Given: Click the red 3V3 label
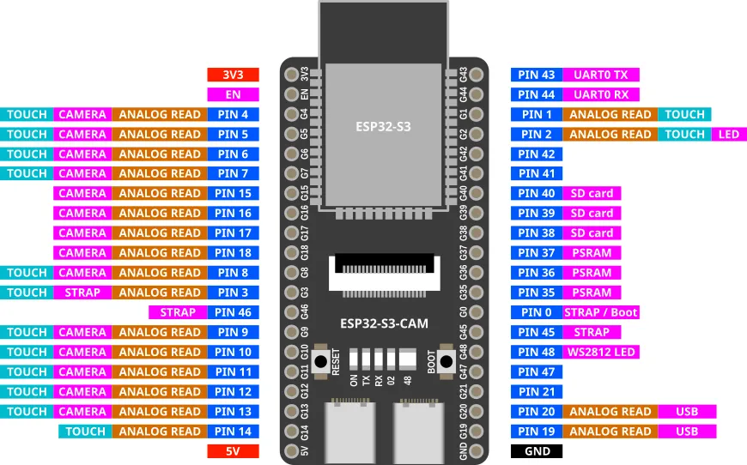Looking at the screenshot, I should point(232,75).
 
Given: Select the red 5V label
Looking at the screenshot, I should point(232,451).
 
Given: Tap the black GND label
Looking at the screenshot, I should point(537,451).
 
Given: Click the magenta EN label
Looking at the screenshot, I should point(232,94).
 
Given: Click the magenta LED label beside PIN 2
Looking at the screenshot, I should point(728,135).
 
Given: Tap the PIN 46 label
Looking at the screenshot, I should point(234,312).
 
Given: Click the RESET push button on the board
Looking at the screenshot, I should point(325,361).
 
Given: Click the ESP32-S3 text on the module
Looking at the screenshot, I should point(383,127).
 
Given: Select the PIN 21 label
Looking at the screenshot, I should point(537,392).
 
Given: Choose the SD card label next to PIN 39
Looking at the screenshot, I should point(592,214).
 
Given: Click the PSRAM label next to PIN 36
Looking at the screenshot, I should point(592,273).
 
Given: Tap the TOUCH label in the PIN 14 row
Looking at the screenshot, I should point(85,432).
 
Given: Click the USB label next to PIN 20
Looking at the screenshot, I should point(687,412).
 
